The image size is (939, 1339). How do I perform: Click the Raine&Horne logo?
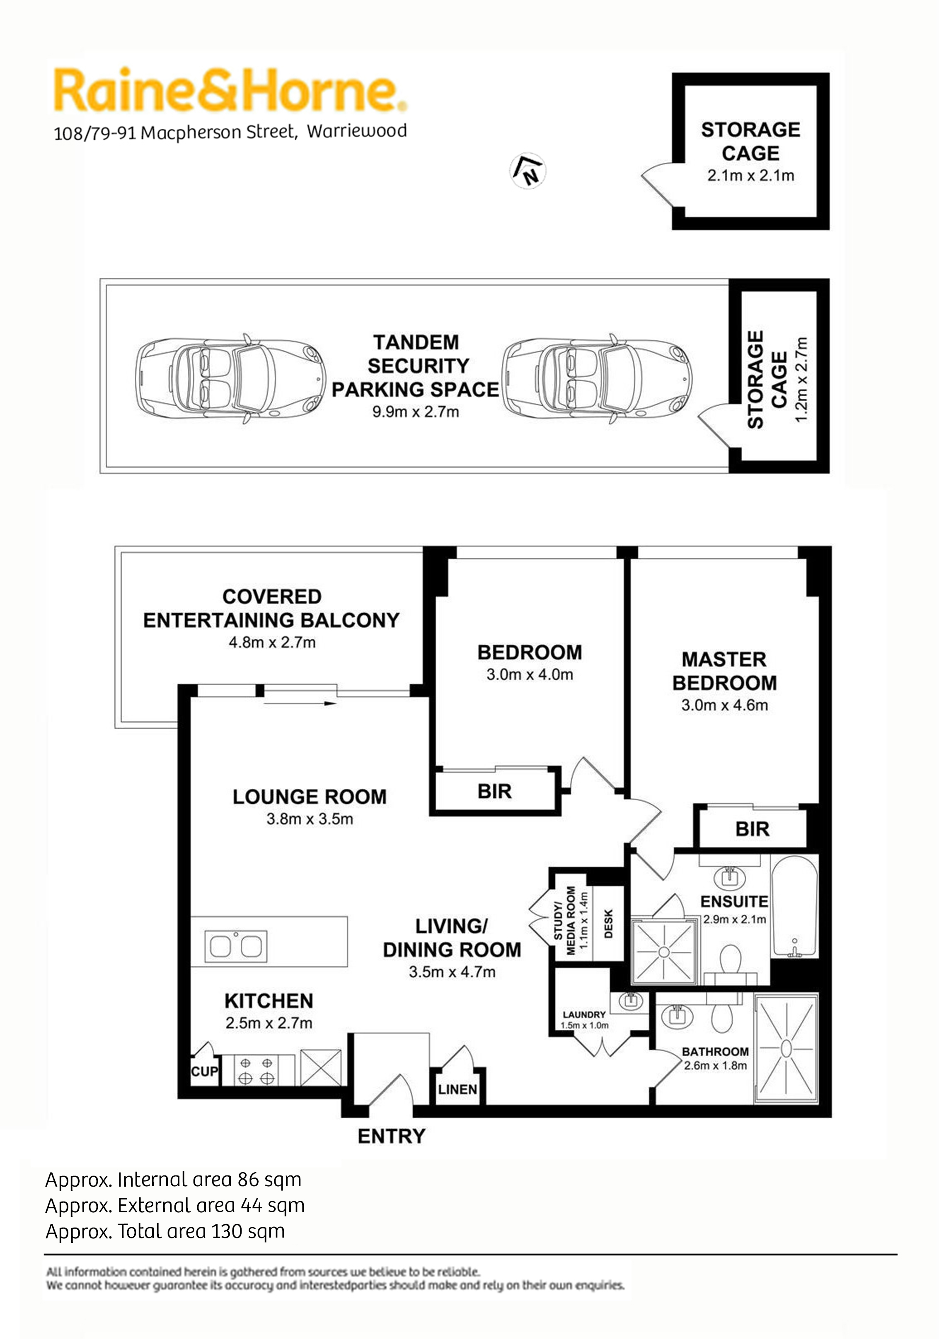coord(230,90)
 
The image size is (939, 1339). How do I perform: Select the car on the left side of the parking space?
coord(230,379)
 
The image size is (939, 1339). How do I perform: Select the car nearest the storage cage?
coord(597,379)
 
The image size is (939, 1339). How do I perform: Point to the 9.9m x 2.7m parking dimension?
coord(416,412)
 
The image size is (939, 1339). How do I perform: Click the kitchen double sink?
coord(236,946)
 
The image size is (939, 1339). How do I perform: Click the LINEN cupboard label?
coord(457,1089)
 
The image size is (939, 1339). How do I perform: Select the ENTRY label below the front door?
coord(392,1136)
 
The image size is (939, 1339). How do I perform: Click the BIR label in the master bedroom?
coord(752,829)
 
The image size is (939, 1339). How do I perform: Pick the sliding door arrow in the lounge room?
coord(300,703)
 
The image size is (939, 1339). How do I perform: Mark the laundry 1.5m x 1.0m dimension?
coord(584,1025)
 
